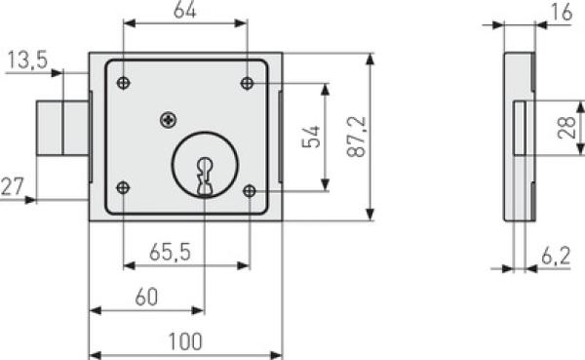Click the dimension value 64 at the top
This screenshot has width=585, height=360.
pos(184,11)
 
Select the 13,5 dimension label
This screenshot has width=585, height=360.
pos(27,60)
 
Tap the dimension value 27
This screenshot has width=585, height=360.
pos(13,186)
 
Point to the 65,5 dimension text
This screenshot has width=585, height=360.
pos(170,252)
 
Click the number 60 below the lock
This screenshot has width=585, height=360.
pos(146,297)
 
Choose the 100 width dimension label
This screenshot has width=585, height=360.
pos(185,341)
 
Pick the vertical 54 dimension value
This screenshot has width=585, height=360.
pos(311,137)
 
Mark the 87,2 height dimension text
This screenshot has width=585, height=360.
pos(357,137)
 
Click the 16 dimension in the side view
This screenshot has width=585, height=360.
pos(562,12)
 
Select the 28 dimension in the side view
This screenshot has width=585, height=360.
pos(566,128)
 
